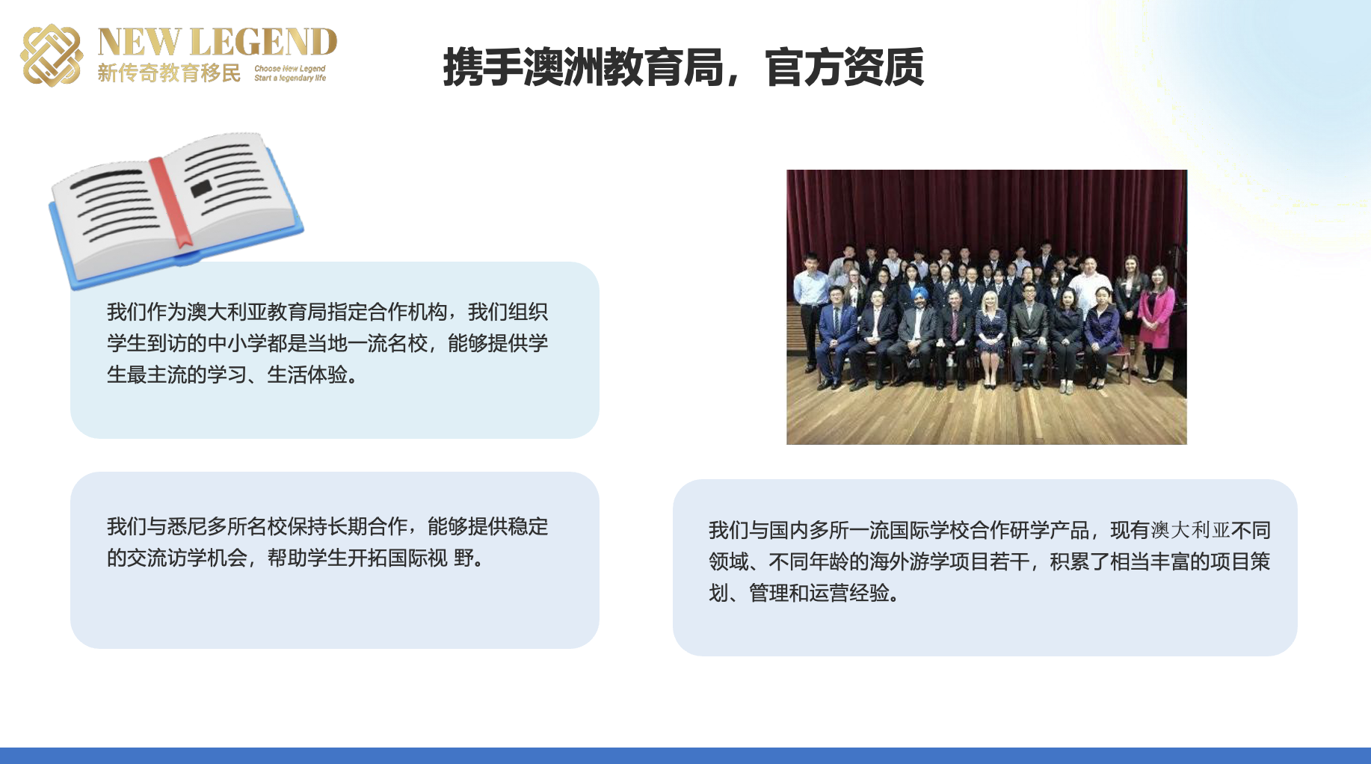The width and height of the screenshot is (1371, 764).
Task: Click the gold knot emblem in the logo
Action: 51,55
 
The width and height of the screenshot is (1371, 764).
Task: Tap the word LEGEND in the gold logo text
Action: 263,43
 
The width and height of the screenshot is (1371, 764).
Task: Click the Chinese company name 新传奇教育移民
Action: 169,73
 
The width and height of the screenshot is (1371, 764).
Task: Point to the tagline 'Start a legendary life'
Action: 290,78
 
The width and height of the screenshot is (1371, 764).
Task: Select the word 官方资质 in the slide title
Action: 845,67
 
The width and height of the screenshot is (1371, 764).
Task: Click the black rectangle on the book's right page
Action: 201,188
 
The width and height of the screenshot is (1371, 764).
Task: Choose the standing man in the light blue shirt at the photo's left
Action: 809,306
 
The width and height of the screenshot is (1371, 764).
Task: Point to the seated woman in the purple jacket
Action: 1101,336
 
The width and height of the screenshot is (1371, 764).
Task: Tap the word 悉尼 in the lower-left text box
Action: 187,526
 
